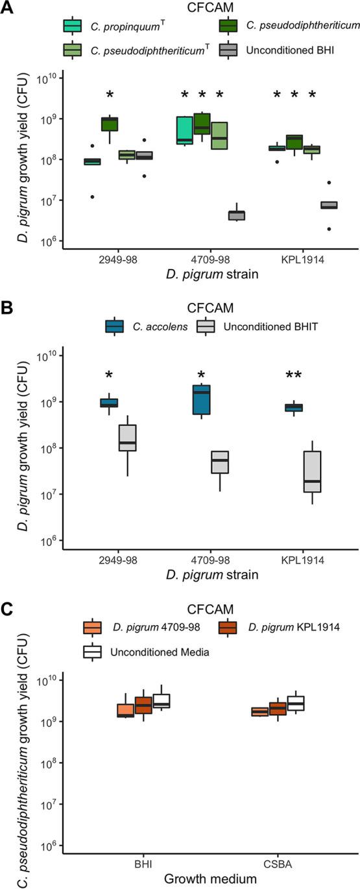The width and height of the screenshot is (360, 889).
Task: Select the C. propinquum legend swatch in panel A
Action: (x=72, y=26)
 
